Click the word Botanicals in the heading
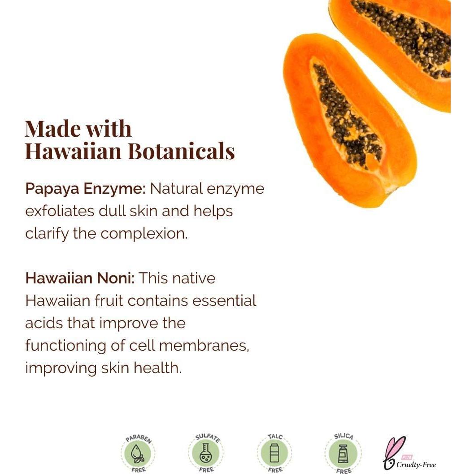click(181, 151)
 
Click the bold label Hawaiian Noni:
click(80, 278)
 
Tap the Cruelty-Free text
click(416, 465)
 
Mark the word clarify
click(47, 234)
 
